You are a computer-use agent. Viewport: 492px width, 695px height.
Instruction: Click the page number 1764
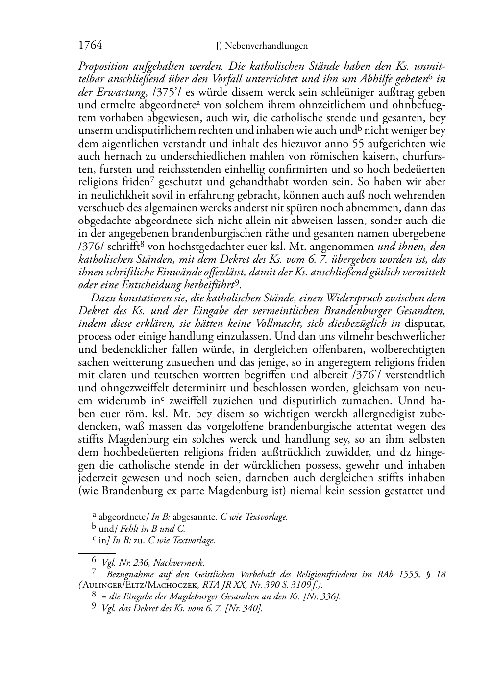point(90,46)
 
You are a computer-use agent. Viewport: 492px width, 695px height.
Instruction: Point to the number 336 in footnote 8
point(327,596)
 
